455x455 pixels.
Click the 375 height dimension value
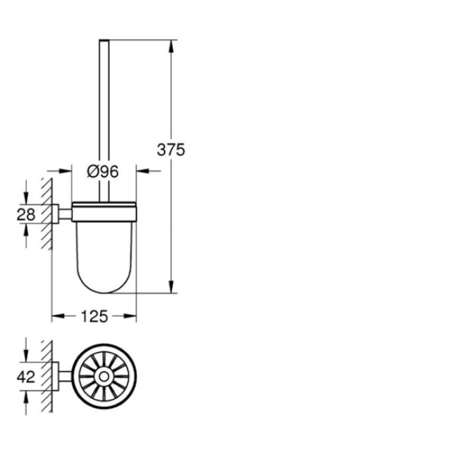170,150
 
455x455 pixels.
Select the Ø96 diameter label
104,171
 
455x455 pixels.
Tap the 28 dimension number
26,215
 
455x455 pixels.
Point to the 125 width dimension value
94,317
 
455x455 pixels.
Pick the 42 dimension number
26,377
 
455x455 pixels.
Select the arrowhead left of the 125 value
59,316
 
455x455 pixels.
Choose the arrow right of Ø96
142,170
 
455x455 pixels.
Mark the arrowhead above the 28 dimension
27,199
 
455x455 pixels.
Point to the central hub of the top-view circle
104,377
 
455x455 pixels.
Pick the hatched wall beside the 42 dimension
48,377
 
